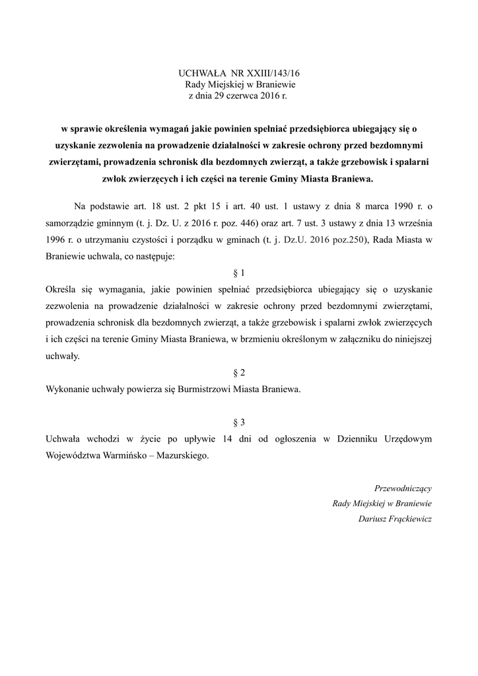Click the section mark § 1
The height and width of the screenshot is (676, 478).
239,272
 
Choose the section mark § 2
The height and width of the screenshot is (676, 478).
239,372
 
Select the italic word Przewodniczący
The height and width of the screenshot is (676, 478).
403,489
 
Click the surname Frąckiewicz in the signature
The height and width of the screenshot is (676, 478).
409,519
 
